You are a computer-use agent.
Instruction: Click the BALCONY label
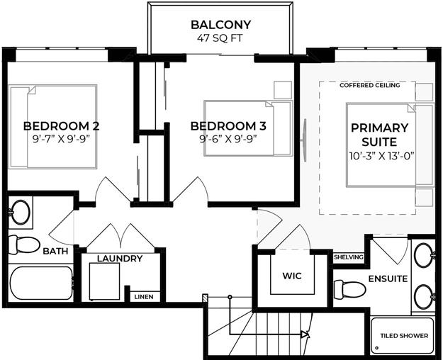(x=221, y=25)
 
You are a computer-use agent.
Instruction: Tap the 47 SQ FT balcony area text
(x=220, y=38)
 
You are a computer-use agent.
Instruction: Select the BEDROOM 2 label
(x=61, y=126)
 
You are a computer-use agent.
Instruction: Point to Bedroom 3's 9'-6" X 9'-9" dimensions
(x=228, y=139)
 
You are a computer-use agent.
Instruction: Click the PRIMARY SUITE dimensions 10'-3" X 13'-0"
(x=382, y=156)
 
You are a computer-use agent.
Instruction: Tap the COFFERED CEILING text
(x=370, y=85)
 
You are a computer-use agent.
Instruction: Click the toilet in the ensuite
(x=349, y=289)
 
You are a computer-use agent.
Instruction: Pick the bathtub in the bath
(x=40, y=283)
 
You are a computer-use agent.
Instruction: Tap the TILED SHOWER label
(x=404, y=336)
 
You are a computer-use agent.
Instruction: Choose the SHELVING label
(x=348, y=257)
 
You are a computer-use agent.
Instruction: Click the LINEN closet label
(x=144, y=297)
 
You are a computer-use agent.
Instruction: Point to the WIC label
(x=292, y=276)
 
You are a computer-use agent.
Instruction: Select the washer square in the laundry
(x=104, y=281)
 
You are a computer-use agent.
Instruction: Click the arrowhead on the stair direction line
(x=305, y=334)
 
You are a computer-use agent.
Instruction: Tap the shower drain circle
(x=376, y=347)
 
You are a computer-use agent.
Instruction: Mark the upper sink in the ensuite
(x=424, y=256)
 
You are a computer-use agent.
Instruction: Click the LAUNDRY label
(x=120, y=258)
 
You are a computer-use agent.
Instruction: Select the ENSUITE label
(x=388, y=279)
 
